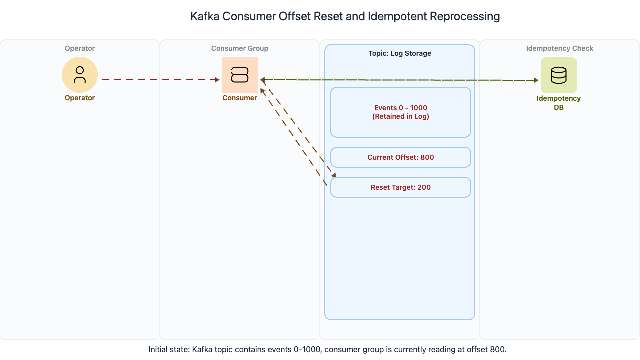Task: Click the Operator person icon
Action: [80, 74]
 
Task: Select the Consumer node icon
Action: [240, 75]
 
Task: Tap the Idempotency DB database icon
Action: [558, 75]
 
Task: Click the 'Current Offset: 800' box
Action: [401, 157]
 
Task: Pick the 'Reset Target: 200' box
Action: [401, 187]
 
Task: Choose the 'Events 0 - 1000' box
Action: [401, 108]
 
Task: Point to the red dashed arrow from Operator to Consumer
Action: [160, 79]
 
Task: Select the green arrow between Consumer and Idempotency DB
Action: [400, 80]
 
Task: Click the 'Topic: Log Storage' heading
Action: [400, 53]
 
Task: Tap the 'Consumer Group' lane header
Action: [240, 48]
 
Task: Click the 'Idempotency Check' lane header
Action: [560, 48]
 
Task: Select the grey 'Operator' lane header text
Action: [80, 48]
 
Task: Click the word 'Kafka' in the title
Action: [205, 16]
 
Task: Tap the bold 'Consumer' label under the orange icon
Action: [240, 98]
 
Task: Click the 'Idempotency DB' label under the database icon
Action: [559, 103]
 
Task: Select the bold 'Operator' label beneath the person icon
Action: [80, 98]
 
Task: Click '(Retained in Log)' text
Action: [401, 117]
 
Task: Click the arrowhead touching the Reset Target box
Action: [334, 175]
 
